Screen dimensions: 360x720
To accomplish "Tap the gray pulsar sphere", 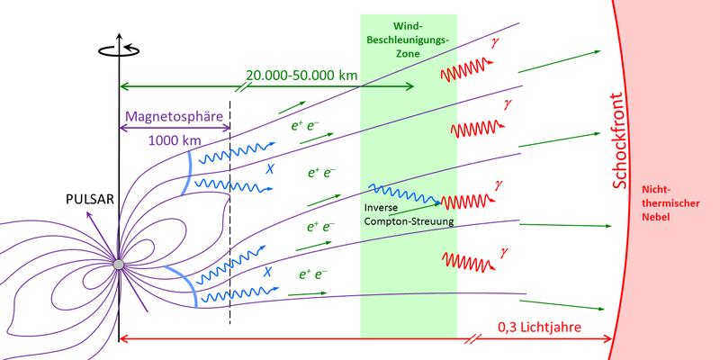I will pyautogui.click(x=118, y=263).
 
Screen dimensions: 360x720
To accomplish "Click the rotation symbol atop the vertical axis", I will pyautogui.click(x=118, y=49).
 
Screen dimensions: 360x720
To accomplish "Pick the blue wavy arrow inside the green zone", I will pyautogui.click(x=405, y=195).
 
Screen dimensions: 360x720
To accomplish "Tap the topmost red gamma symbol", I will pyautogui.click(x=493, y=42).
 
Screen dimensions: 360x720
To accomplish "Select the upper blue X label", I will pyautogui.click(x=267, y=168).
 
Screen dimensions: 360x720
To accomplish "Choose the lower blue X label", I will pyautogui.click(x=267, y=269).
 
